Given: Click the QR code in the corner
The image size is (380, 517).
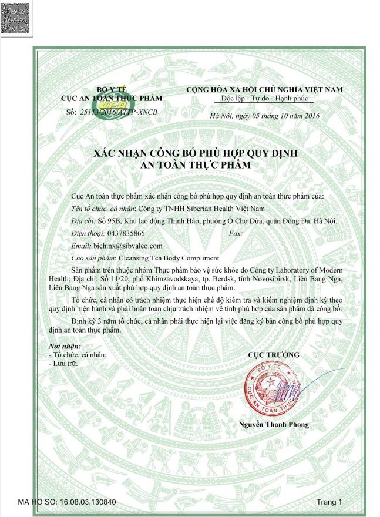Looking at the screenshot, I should [15, 16].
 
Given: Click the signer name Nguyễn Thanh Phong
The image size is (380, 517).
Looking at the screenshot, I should [274, 424].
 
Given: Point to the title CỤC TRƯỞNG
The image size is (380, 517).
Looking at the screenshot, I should [274, 354].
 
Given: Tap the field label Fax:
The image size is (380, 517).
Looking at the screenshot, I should [233, 233].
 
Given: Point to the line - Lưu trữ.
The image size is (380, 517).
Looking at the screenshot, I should [62, 364].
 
